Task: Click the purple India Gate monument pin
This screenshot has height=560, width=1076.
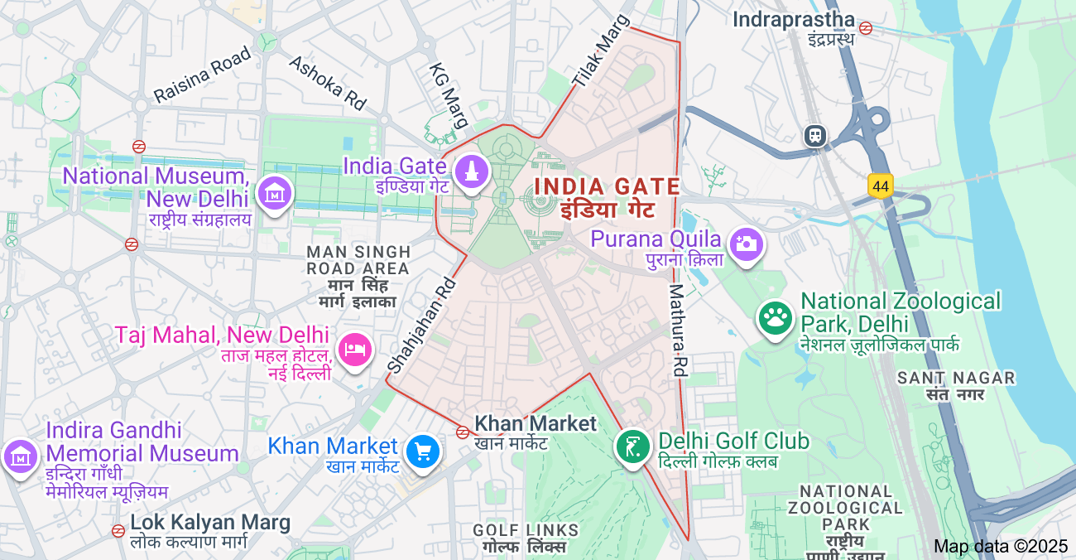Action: coord(471,172)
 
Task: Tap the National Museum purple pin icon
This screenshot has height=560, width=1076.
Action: coord(273,194)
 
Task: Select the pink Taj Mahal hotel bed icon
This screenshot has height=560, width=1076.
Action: coord(355,350)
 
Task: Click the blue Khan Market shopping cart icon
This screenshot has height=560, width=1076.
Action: coord(423,451)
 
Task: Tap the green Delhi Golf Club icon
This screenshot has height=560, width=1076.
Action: coord(633,447)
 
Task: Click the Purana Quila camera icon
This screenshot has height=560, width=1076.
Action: coord(746,244)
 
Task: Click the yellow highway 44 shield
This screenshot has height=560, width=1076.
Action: coord(881,186)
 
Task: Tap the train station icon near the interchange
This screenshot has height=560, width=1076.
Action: coord(816,135)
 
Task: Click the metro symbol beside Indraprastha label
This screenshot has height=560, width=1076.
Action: coord(866,28)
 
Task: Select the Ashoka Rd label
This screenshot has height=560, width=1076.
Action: coord(327,83)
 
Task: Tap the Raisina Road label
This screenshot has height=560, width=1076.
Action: coord(202,75)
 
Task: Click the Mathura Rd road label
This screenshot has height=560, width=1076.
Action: coord(678,331)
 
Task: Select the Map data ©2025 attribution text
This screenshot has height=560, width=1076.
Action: coord(1001,546)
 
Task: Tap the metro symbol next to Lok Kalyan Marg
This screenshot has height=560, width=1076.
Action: coord(118,530)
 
